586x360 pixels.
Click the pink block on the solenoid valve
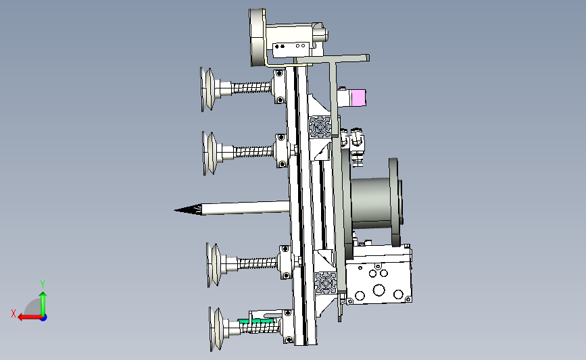click(358, 98)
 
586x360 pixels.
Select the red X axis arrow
click(30, 317)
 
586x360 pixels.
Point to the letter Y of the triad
click(43, 284)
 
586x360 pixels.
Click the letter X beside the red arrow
click(14, 313)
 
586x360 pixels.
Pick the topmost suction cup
click(207, 89)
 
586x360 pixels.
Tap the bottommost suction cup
click(216, 330)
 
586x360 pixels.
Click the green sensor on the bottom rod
click(256, 321)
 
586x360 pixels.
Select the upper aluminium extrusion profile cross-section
click(320, 127)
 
